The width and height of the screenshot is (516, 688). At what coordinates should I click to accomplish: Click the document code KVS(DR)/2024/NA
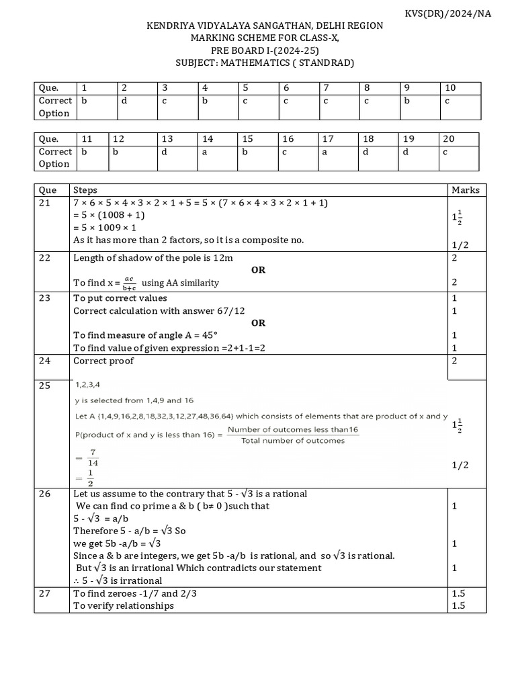[x=458, y=13]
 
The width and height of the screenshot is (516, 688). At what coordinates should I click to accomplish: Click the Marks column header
[x=465, y=190]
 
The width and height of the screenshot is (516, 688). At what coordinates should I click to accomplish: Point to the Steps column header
[x=85, y=190]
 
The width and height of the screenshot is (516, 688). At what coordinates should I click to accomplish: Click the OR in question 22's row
[x=258, y=270]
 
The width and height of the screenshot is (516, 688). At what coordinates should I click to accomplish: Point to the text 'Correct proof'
[x=103, y=361]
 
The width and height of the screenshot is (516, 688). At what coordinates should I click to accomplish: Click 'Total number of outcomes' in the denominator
[x=293, y=441]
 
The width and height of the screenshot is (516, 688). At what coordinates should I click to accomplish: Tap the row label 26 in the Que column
[x=45, y=494]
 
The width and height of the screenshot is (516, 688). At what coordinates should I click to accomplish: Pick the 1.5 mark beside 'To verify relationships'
[x=459, y=605]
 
